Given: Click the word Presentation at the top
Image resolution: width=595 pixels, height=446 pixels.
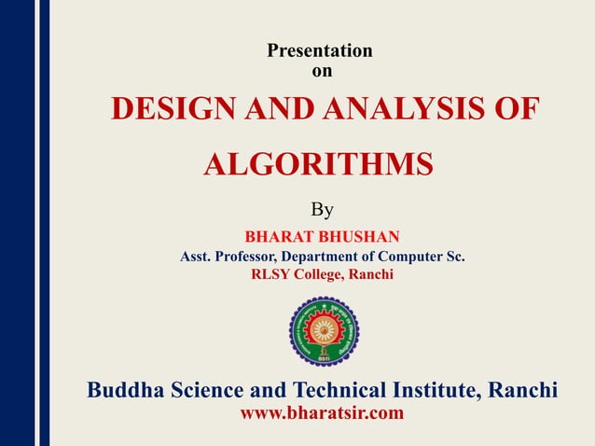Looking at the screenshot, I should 320,51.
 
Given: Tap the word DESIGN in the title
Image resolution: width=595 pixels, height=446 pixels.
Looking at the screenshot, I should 162,109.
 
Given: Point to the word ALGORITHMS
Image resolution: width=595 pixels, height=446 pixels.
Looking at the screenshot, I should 318,163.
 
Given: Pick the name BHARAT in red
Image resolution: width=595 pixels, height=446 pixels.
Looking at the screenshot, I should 275,234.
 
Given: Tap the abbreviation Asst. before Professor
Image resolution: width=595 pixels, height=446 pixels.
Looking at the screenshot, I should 197,255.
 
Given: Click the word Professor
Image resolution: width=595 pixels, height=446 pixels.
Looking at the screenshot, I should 252,255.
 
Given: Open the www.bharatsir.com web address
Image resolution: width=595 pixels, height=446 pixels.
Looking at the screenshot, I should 323,412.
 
